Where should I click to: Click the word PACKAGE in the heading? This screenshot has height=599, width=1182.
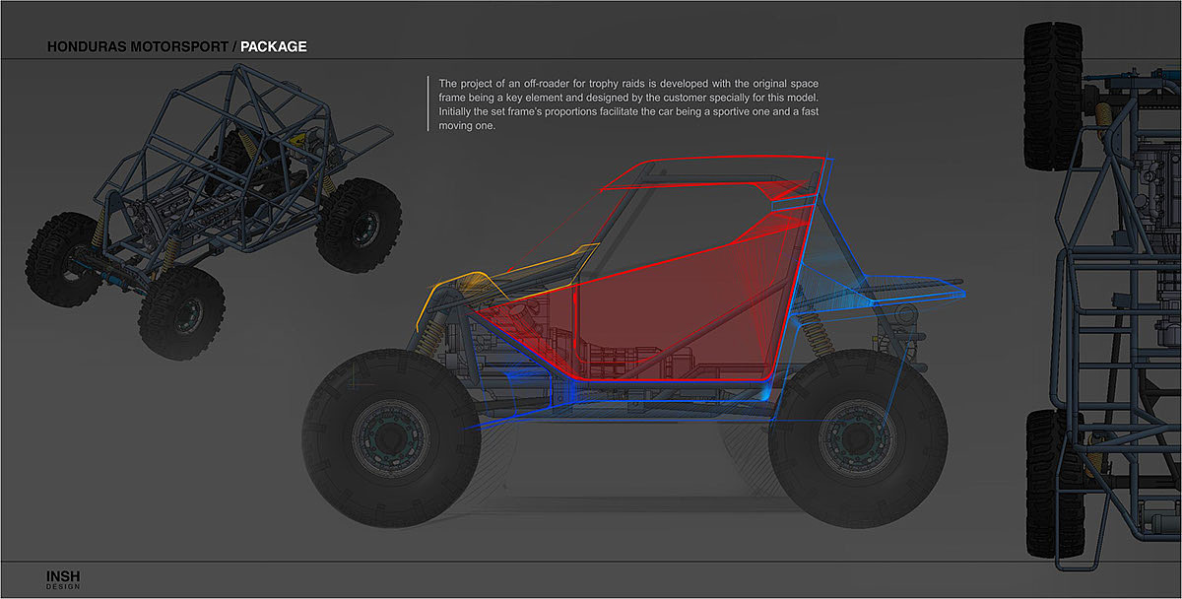(274, 46)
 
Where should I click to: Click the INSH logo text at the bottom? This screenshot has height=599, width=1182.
(62, 575)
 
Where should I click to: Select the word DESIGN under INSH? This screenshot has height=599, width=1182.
(62, 587)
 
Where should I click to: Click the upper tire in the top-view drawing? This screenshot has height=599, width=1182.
(1052, 94)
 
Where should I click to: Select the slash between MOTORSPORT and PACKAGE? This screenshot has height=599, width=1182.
(232, 46)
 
